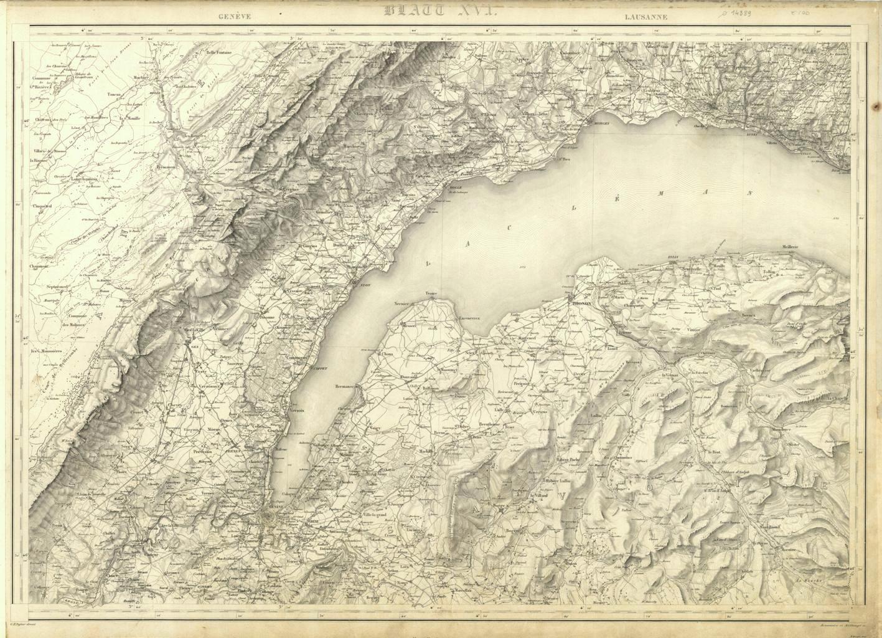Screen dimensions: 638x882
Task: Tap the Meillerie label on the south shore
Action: click(x=794, y=246)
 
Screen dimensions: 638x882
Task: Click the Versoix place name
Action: click(x=296, y=411)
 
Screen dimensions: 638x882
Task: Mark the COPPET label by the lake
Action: click(x=319, y=368)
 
